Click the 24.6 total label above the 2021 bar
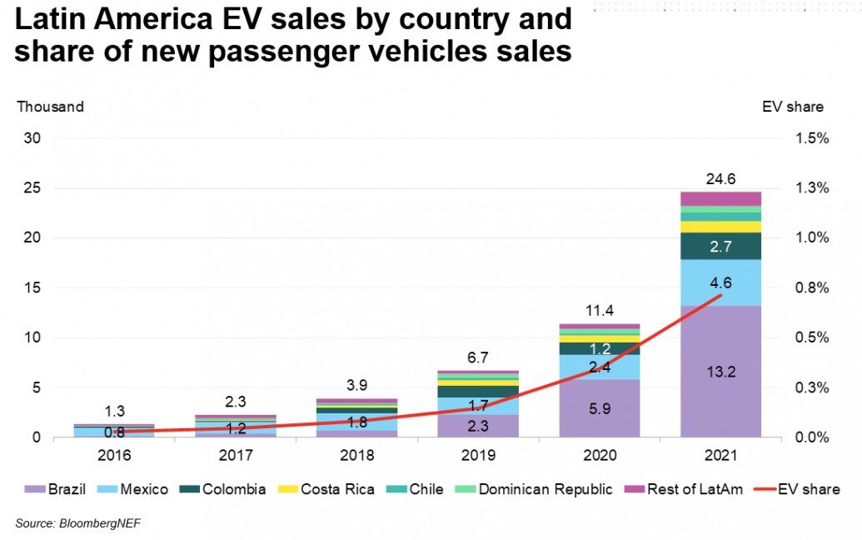[720, 178]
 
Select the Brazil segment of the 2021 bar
[720, 371]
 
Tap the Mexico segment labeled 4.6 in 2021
[720, 282]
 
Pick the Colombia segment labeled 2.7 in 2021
[720, 246]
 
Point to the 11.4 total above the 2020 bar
[600, 311]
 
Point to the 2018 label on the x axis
[356, 456]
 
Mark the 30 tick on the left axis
[32, 138]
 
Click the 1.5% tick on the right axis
[811, 138]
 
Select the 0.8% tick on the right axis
[811, 288]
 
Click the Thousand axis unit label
[51, 107]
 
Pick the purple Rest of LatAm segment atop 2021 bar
[720, 198]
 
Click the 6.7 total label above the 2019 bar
[478, 357]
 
